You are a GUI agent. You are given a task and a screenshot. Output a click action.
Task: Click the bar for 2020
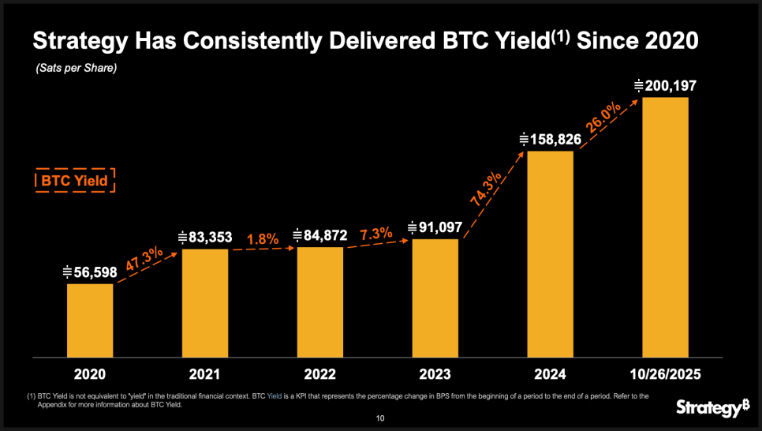(90, 320)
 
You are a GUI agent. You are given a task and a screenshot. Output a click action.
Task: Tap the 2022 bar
(320, 302)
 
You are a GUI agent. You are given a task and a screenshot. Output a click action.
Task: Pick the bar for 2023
(435, 298)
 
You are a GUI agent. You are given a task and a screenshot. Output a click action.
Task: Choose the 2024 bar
(550, 253)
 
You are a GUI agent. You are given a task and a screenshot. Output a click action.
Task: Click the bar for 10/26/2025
(665, 227)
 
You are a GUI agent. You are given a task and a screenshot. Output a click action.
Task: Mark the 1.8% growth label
(263, 238)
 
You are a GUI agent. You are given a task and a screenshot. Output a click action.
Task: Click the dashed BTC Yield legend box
(75, 181)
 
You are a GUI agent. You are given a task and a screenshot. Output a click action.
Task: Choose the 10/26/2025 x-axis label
(665, 373)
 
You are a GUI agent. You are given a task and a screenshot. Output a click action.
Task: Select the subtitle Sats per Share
(77, 69)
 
